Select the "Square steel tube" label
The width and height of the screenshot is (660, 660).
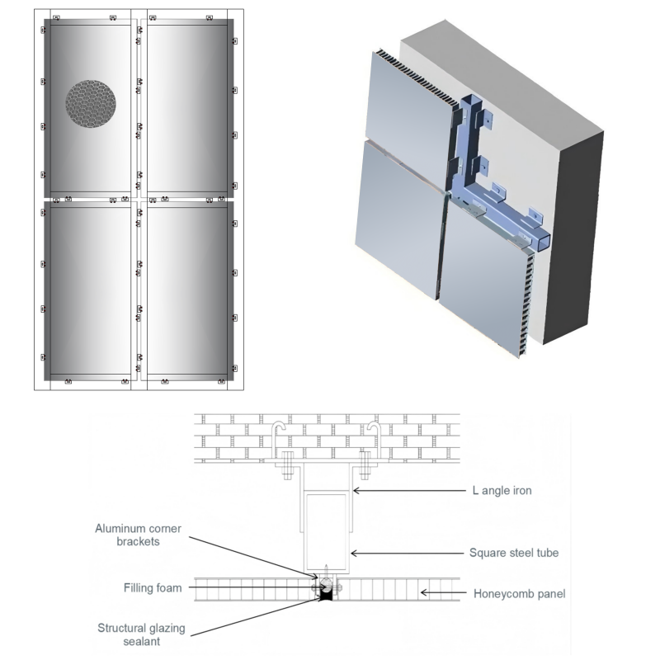[x=514, y=553]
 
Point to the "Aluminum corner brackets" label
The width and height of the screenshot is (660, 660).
[x=138, y=535]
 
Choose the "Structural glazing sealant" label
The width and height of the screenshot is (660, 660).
[x=141, y=634]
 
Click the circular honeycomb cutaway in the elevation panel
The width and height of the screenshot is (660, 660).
[x=91, y=104]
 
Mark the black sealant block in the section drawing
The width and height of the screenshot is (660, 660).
[x=328, y=593]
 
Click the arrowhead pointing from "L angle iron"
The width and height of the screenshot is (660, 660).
[x=356, y=491]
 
